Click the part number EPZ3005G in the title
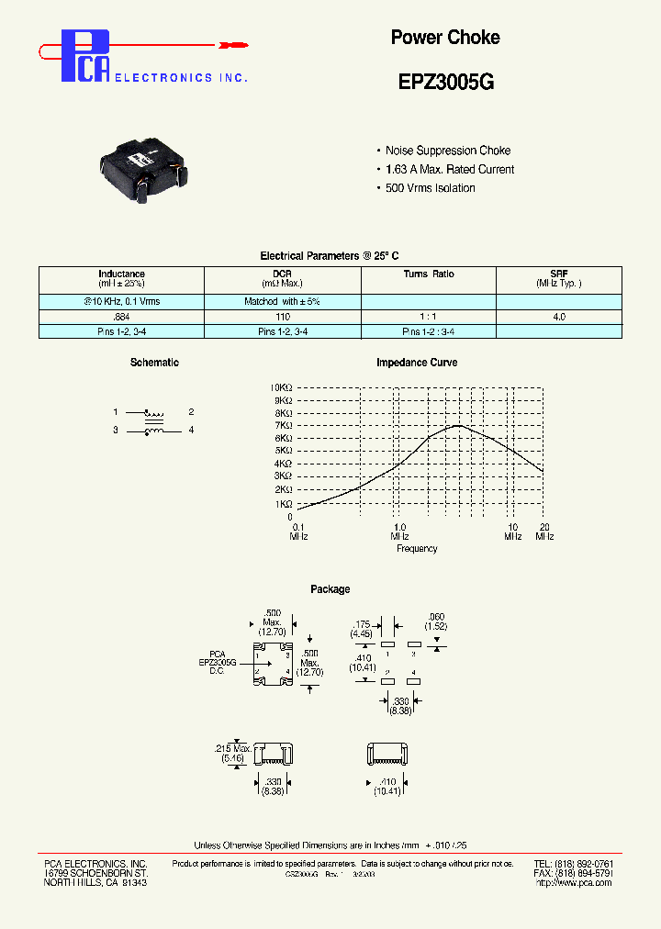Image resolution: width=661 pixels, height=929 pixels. [445, 81]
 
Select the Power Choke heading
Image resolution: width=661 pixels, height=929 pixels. [445, 38]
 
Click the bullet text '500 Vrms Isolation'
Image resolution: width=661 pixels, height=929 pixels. [430, 188]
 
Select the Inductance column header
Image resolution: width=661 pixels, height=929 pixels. [121, 274]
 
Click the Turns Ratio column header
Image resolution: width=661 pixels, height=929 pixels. [428, 274]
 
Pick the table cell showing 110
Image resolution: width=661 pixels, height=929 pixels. [282, 316]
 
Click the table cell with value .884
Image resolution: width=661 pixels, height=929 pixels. [121, 316]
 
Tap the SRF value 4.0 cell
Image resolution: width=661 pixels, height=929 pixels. [558, 316]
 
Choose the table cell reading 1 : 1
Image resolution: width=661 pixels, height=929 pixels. [428, 316]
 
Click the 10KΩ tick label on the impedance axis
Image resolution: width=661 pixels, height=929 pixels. [281, 387]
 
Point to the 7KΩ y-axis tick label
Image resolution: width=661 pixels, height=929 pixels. [282, 426]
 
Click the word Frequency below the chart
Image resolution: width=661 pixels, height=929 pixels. [417, 549]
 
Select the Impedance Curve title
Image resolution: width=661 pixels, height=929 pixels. [417, 363]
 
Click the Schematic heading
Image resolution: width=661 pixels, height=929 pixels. [154, 363]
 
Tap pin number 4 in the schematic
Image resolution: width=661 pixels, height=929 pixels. [191, 431]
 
